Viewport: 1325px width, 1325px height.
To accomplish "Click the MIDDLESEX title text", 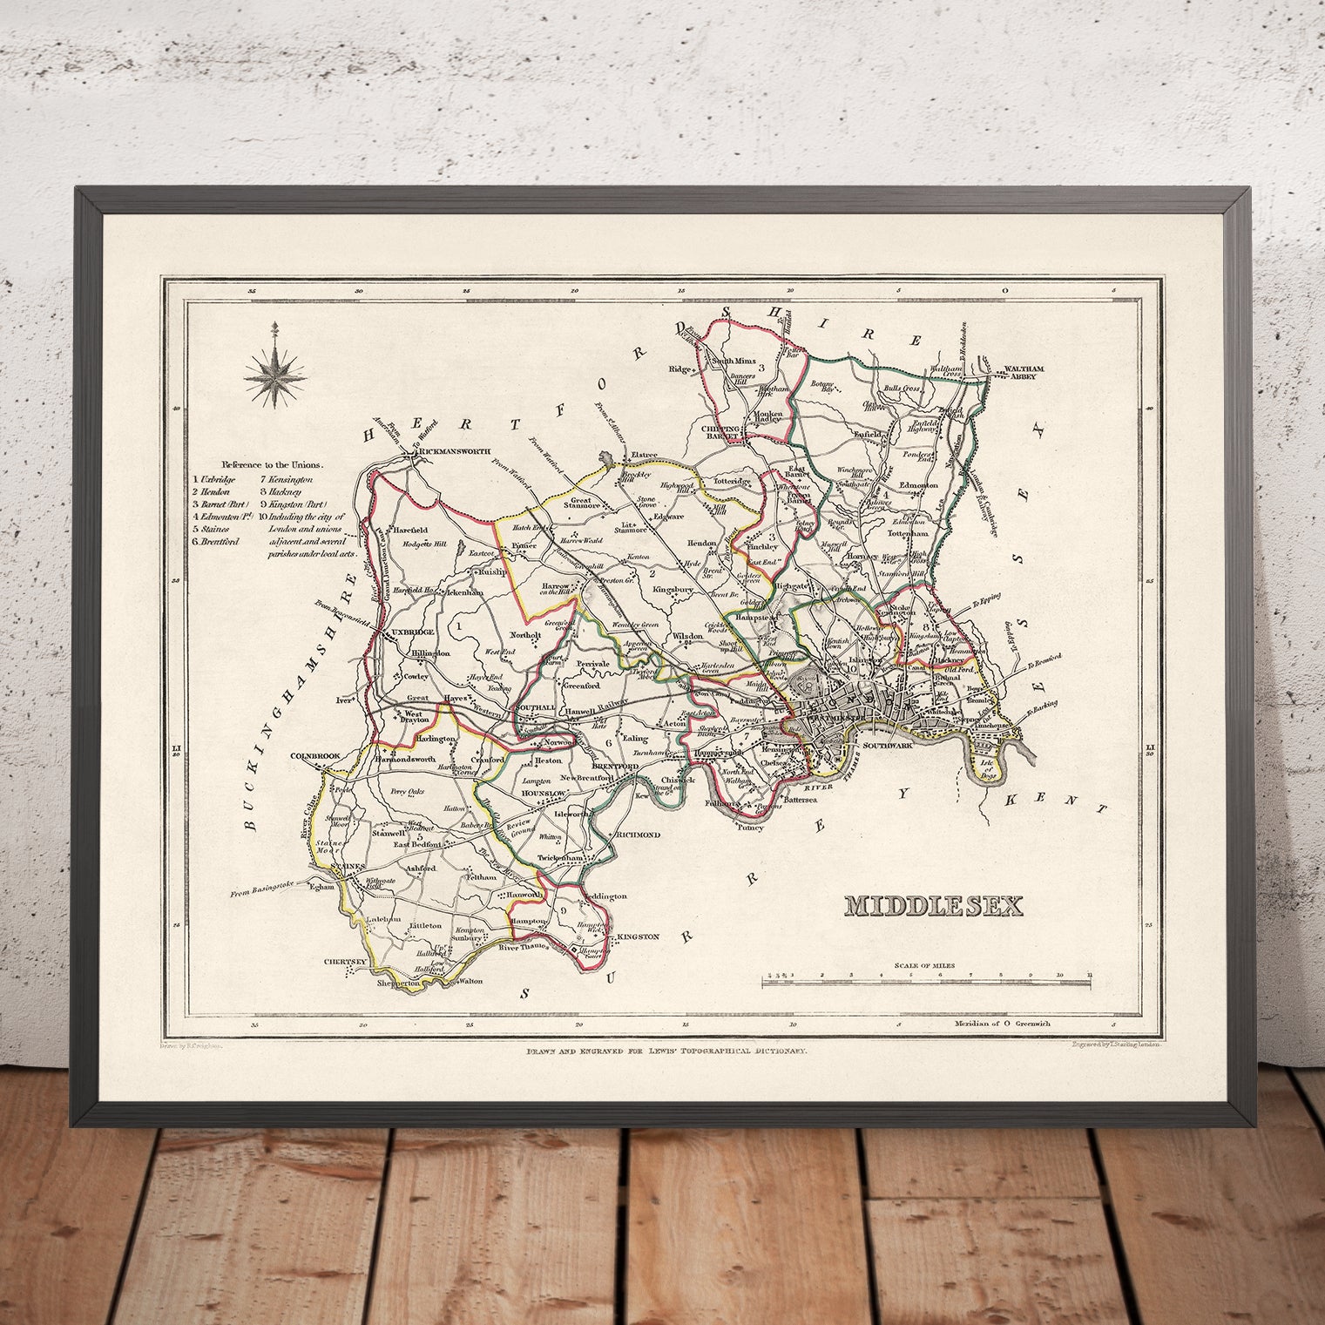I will point(933,905).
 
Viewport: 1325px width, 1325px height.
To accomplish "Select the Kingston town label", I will point(638,936).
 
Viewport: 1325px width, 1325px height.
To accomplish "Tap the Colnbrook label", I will point(314,755).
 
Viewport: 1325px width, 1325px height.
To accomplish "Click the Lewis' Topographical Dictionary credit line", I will point(667,1051).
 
